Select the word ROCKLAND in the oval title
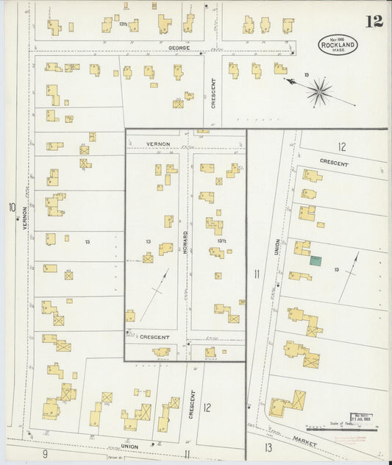pos(338,45)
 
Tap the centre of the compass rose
pos(318,91)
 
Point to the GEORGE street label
pos(179,48)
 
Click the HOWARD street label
pos(186,244)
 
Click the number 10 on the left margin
pos(12,207)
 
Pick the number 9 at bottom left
pos(45,454)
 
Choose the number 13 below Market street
pos(268,447)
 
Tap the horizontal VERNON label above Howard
pos(158,143)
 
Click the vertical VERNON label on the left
pos(24,219)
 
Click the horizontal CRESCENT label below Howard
pos(154,337)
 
